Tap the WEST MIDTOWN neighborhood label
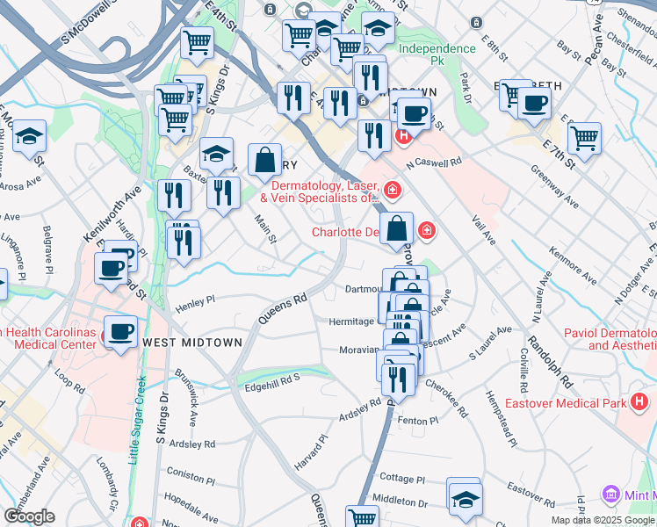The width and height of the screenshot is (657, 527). [191, 343]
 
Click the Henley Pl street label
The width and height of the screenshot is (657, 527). [196, 303]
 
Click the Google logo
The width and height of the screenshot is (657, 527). [29, 516]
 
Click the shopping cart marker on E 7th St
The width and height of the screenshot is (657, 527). [584, 137]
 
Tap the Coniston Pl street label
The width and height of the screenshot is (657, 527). [191, 474]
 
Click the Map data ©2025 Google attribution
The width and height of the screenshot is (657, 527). [603, 520]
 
